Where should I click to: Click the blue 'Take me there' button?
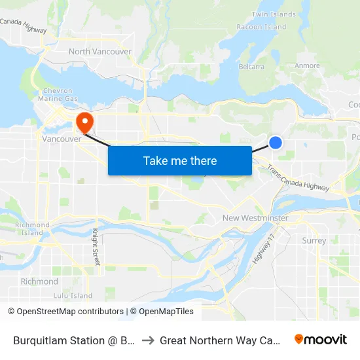(179, 160)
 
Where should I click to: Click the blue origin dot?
(276, 142)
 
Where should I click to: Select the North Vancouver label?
(100, 52)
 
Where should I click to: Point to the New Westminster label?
(255, 218)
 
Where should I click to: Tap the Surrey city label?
(314, 241)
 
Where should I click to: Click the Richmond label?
(39, 281)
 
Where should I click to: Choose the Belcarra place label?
(252, 66)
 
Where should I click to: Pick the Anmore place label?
(308, 65)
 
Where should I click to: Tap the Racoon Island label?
(261, 27)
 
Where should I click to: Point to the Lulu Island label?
(73, 296)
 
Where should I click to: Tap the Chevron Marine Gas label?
(62, 95)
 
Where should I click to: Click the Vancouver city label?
(61, 139)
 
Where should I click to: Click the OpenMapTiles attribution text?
(161, 312)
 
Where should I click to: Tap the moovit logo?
(321, 339)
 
